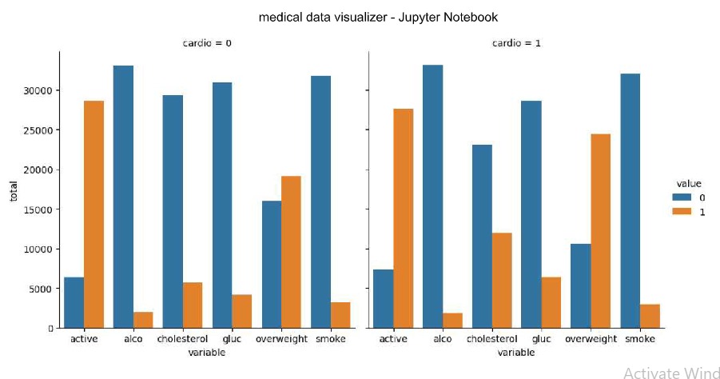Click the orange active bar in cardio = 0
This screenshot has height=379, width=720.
pyautogui.click(x=93, y=214)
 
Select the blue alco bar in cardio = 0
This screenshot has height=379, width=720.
pyautogui.click(x=123, y=197)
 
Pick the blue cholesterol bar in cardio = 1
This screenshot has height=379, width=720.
pyautogui.click(x=482, y=236)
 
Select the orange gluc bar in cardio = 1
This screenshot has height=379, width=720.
pyautogui.click(x=551, y=302)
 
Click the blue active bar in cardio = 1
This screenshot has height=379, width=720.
pyautogui.click(x=383, y=298)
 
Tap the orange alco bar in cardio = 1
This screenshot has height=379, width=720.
pyautogui.click(x=452, y=320)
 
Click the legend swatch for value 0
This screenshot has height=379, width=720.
pyautogui.click(x=679, y=197)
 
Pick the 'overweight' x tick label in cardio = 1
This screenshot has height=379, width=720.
pyautogui.click(x=591, y=339)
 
